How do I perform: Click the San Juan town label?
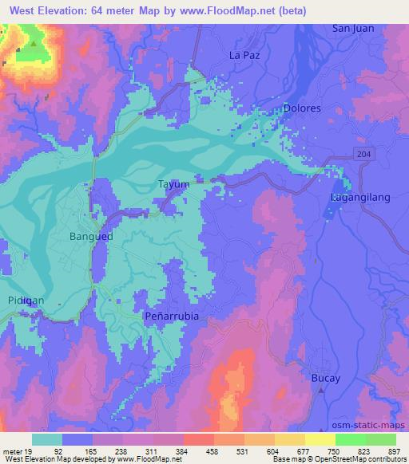(x=353, y=29)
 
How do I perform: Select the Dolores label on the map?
(x=302, y=108)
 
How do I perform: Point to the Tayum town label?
(x=173, y=184)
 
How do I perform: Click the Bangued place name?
(x=91, y=237)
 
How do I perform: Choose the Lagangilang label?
(x=358, y=196)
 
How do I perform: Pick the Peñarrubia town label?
(x=171, y=316)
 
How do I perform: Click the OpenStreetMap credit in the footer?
(x=367, y=460)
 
